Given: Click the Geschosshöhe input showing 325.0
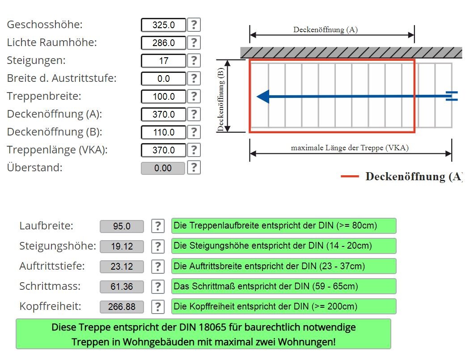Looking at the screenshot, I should pyautogui.click(x=163, y=25).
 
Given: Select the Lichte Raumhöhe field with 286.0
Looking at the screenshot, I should pyautogui.click(x=163, y=43).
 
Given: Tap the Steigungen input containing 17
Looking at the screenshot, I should pyautogui.click(x=163, y=61).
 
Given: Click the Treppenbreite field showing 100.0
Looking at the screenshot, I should pyautogui.click(x=163, y=97).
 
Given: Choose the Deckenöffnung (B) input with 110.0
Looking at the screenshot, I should pyautogui.click(x=163, y=132).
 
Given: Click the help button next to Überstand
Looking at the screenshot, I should pyautogui.click(x=194, y=168).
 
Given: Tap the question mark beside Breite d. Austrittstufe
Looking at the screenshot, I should pyautogui.click(x=194, y=79).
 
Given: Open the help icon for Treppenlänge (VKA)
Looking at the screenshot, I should pyautogui.click(x=194, y=150).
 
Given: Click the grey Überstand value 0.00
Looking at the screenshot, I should pyautogui.click(x=163, y=168).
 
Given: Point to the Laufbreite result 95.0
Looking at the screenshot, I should pyautogui.click(x=122, y=226).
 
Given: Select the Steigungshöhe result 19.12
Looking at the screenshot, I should pyautogui.click(x=122, y=246).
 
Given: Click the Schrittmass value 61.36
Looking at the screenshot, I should pyautogui.click(x=122, y=286).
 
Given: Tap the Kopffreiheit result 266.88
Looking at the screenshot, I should pyautogui.click(x=122, y=307).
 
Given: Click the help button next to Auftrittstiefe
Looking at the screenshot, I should pyautogui.click(x=157, y=267).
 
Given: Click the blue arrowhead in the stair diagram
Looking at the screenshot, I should pyautogui.click(x=263, y=96).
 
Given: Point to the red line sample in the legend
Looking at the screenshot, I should pyautogui.click(x=350, y=176).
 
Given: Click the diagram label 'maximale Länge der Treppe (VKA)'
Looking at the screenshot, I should pyautogui.click(x=350, y=148).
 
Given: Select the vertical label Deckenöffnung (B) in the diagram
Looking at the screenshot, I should pyautogui.click(x=221, y=99).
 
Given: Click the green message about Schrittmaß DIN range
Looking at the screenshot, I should pyautogui.click(x=284, y=286).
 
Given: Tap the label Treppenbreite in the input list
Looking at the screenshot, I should pyautogui.click(x=44, y=96).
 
